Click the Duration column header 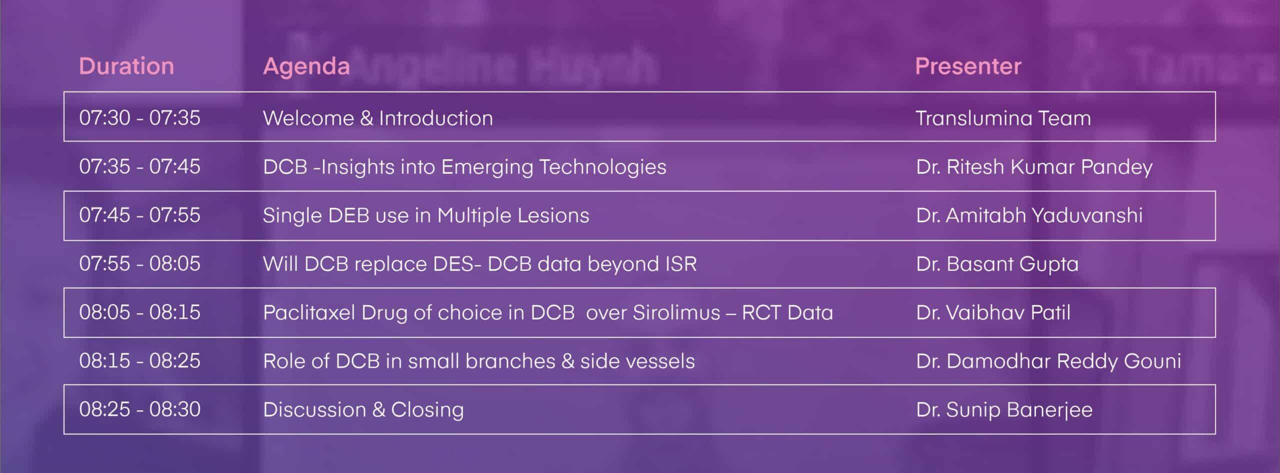tap(126, 66)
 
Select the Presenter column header tap(968, 66)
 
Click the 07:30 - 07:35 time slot tap(139, 118)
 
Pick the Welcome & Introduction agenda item tap(378, 118)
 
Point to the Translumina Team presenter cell tap(1003, 118)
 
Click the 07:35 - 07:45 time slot tap(139, 166)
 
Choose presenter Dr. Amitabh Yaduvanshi tap(1029, 215)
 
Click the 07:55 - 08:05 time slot tap(139, 263)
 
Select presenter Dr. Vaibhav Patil tap(993, 312)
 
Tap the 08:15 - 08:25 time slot tap(139, 360)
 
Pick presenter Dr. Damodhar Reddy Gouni tap(1048, 361)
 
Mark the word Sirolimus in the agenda tap(676, 312)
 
